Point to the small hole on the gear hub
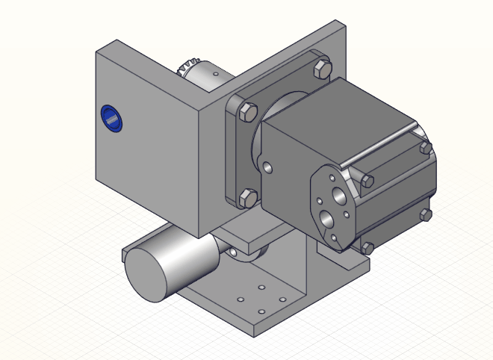point(215,74)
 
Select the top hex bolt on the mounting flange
point(322,69)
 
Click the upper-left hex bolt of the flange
point(248,111)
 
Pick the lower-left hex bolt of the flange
point(248,197)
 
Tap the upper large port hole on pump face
point(339,196)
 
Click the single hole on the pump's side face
point(267,167)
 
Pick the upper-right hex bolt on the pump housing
point(426,148)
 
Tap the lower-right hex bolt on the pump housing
point(426,215)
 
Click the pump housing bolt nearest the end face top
point(367,181)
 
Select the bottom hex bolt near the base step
point(368,247)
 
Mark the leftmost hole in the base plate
point(241,300)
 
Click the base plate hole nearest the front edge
point(261,311)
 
